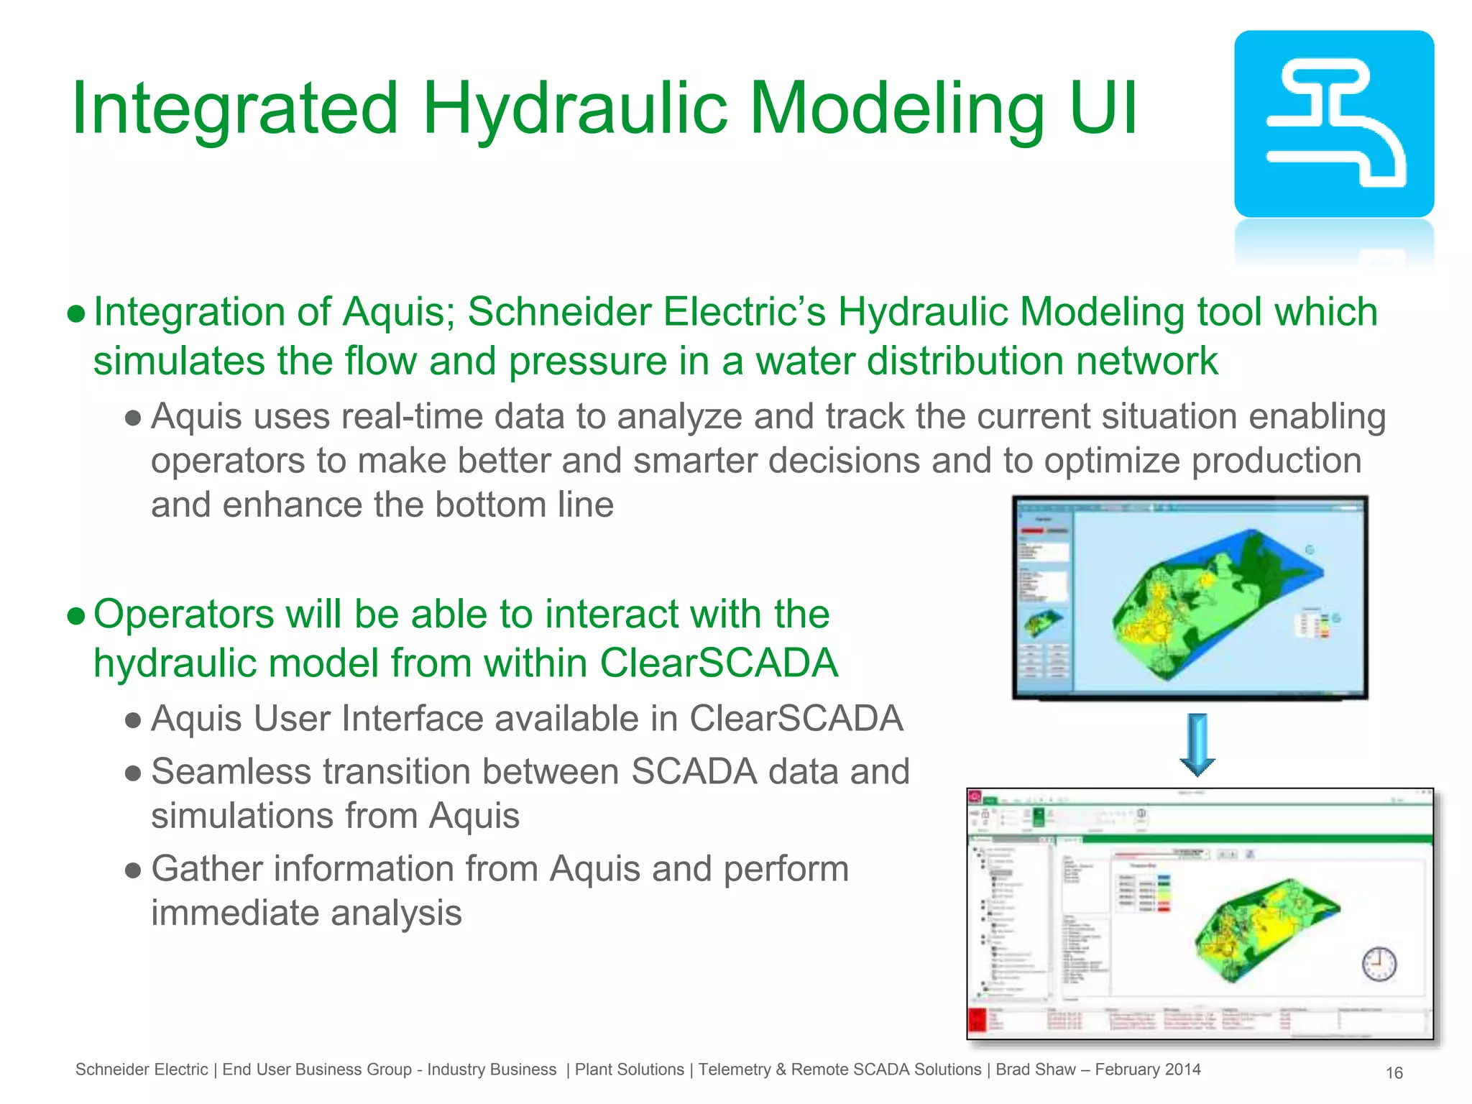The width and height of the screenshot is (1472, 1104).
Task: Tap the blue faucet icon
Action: (1334, 124)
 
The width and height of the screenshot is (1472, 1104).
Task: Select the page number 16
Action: (1394, 1072)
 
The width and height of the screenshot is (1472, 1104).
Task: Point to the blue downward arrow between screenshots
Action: (1197, 745)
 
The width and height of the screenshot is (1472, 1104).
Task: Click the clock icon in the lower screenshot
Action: (1379, 964)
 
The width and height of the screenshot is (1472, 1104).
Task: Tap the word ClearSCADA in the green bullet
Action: (719, 662)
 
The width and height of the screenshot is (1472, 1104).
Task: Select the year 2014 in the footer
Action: (1182, 1069)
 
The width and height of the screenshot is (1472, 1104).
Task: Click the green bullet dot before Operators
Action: (76, 616)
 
